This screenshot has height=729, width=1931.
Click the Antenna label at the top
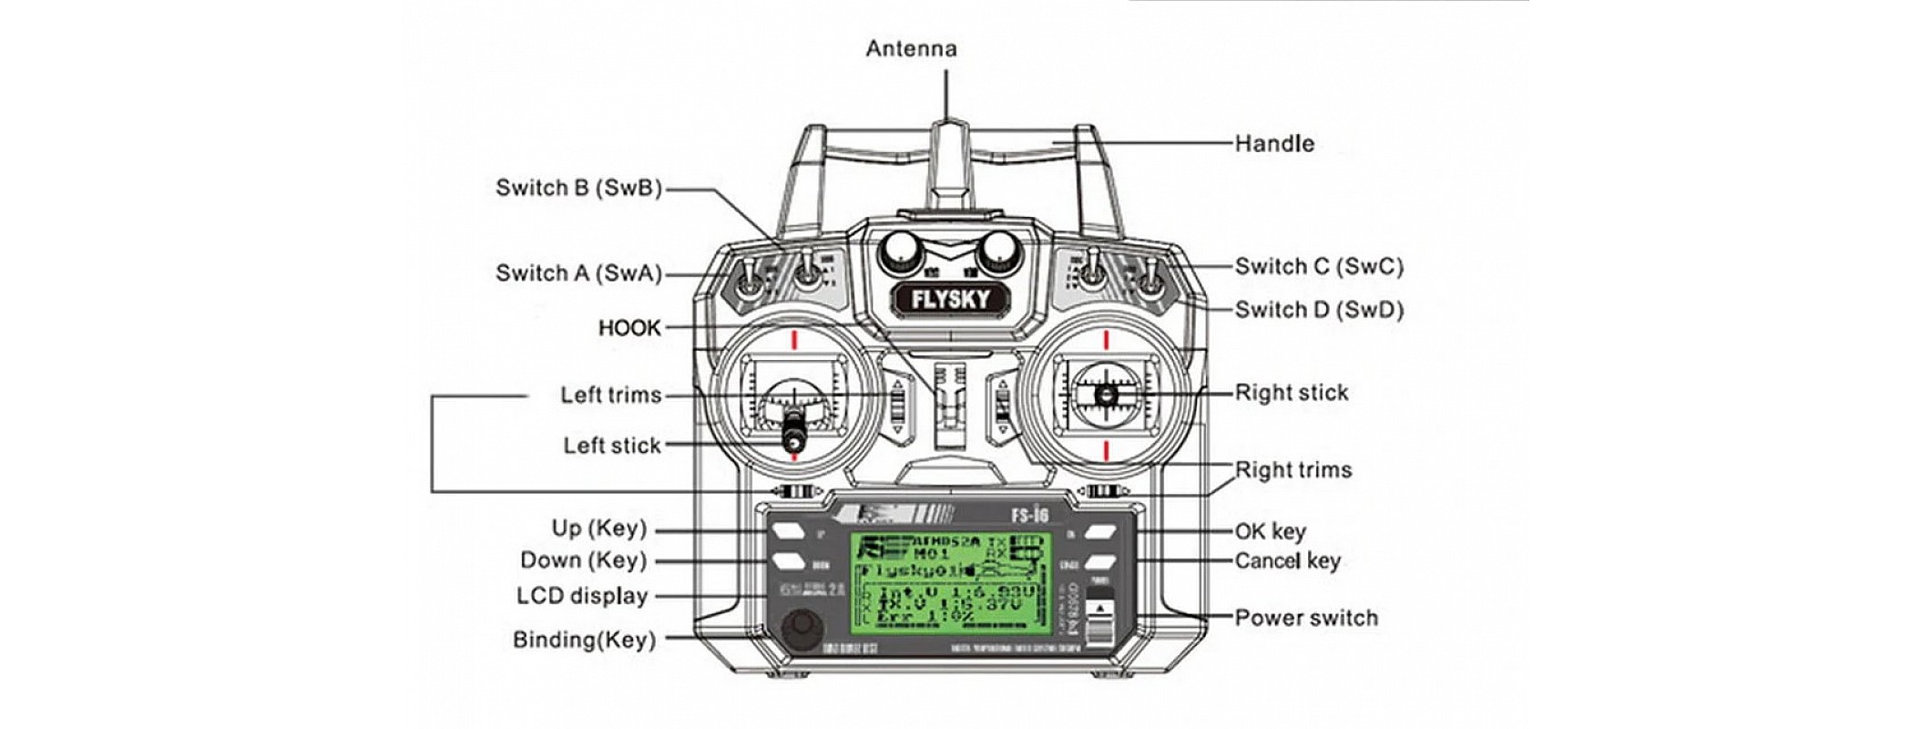click(911, 48)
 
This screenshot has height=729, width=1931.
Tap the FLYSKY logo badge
click(949, 299)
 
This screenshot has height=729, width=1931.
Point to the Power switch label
click(1305, 618)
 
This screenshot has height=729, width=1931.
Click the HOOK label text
click(629, 328)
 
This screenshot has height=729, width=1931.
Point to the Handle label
click(1274, 143)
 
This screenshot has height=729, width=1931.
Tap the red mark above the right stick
click(1106, 340)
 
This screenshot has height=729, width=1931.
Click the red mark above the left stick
click(794, 340)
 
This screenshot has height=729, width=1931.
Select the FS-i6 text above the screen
click(1029, 515)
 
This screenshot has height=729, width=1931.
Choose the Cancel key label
click(1287, 560)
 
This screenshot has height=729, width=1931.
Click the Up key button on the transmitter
click(790, 531)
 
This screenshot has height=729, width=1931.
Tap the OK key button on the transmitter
click(1101, 531)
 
